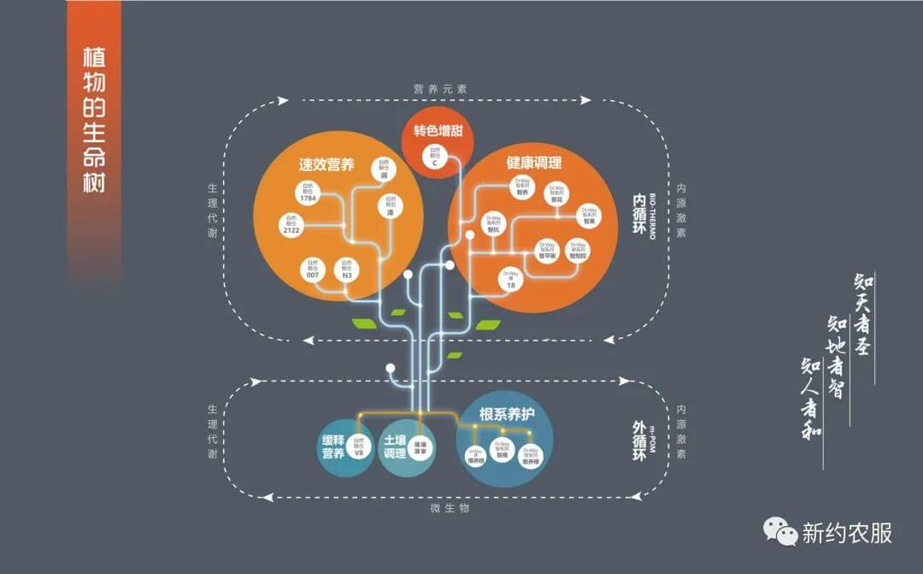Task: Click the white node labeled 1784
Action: tap(309, 192)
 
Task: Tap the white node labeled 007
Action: tap(313, 270)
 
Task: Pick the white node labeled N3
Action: tap(347, 270)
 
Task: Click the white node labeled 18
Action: tap(511, 279)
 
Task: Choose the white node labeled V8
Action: tap(360, 444)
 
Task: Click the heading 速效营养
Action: tap(326, 165)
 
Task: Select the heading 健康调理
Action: tap(534, 163)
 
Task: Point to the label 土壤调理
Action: tap(395, 446)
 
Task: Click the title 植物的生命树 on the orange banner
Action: tap(94, 120)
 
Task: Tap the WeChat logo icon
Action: tap(779, 531)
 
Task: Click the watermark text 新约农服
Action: tap(846, 533)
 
